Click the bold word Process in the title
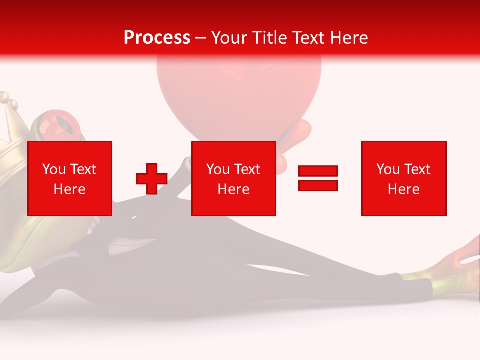[157, 38]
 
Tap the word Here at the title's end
[346, 38]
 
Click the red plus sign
[152, 179]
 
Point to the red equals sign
[318, 178]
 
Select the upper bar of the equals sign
[318, 171]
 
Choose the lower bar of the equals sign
[318, 185]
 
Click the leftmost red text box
[70, 178]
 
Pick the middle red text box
[234, 178]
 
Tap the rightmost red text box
[404, 178]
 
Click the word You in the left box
[54, 169]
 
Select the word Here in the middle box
[234, 189]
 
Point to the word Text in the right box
[417, 169]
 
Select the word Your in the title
[230, 38]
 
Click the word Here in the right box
[404, 189]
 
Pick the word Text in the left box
[83, 169]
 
